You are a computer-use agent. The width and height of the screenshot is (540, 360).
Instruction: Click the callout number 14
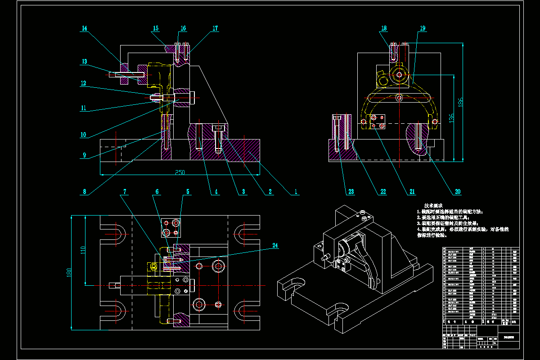click(84, 28)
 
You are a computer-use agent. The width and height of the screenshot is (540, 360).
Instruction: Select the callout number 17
click(215, 28)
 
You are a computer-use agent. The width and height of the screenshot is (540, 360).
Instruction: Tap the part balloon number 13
click(84, 61)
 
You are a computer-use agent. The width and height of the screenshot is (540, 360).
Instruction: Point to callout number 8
click(84, 191)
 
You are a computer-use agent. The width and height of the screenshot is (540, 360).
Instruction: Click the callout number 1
click(296, 191)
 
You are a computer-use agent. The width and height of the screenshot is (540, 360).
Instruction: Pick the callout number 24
click(275, 246)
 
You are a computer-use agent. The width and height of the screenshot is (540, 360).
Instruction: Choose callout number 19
click(422, 28)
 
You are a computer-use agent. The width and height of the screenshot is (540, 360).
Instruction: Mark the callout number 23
click(351, 191)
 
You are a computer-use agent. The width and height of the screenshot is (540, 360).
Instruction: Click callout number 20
click(458, 191)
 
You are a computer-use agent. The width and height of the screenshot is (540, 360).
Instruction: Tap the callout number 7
click(125, 191)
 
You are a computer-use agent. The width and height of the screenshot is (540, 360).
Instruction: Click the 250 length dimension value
click(180, 172)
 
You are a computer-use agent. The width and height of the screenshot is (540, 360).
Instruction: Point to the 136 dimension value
click(451, 118)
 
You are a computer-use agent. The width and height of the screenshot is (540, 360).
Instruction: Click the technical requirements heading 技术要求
click(433, 205)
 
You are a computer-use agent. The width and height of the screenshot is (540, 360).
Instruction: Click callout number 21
click(412, 191)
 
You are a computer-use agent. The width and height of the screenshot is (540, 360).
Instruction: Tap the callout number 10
click(84, 135)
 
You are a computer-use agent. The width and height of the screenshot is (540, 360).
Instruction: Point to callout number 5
click(188, 191)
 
